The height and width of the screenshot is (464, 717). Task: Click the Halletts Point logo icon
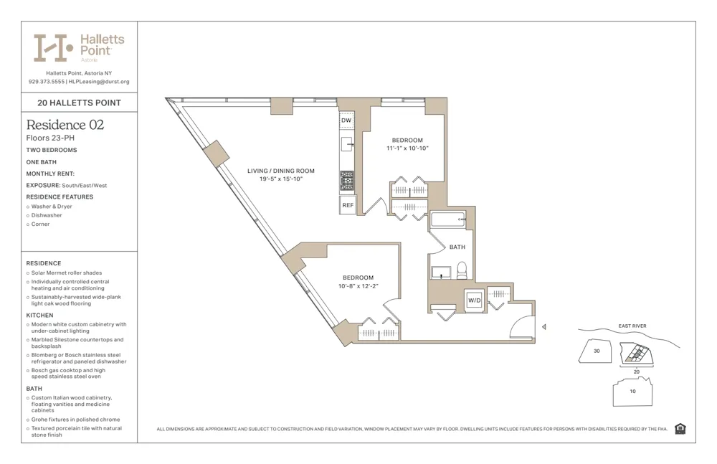(53, 47)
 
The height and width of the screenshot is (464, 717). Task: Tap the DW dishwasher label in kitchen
(346, 120)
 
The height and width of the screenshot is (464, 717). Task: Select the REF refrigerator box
(347, 205)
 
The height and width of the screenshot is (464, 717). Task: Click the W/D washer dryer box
(474, 300)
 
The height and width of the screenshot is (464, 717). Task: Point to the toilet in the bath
(462, 270)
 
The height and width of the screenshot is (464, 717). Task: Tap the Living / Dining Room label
(281, 171)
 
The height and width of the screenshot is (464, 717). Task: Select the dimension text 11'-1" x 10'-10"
(407, 148)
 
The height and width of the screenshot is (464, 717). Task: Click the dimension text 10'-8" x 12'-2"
(358, 286)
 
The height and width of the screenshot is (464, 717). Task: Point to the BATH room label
(457, 247)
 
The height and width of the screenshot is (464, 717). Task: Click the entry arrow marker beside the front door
(543, 327)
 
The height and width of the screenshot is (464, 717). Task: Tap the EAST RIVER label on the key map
(632, 326)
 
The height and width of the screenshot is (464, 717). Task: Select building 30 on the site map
(597, 351)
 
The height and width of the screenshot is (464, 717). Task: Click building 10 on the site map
(632, 392)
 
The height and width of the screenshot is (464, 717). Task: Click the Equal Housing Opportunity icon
(680, 429)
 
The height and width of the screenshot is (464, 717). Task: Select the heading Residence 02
(65, 125)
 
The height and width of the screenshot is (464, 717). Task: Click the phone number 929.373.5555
(47, 82)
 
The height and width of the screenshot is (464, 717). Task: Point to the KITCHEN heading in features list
(40, 315)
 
